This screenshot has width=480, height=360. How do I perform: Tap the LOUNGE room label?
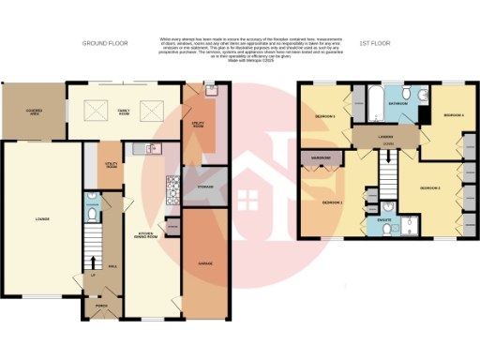41,220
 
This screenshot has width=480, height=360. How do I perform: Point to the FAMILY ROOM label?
123,112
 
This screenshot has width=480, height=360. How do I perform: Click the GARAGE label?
205,263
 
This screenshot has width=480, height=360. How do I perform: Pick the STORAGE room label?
205,187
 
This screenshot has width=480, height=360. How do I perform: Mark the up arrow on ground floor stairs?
92,260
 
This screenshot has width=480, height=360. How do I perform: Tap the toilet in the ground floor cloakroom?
91,214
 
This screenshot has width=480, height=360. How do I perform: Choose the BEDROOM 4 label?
453,114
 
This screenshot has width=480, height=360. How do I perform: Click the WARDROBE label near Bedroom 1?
322,157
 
